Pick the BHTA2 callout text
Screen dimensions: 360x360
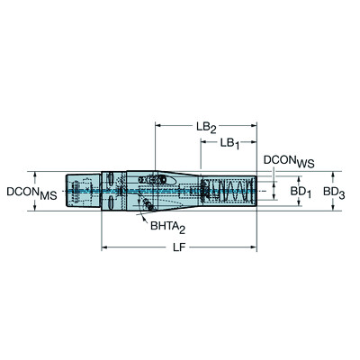click(x=168, y=229)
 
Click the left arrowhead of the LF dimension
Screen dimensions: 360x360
click(x=104, y=246)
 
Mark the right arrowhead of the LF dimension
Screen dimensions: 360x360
click(x=255, y=246)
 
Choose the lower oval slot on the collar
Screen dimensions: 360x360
click(x=109, y=206)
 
